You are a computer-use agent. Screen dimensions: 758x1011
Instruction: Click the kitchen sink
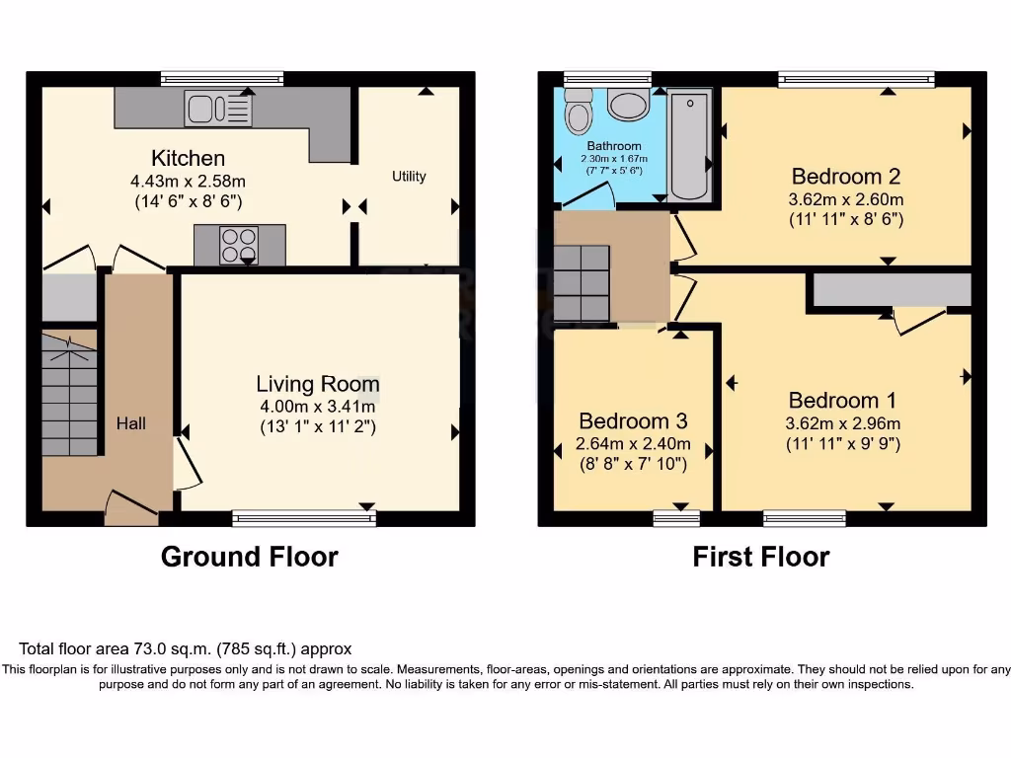click(217, 108)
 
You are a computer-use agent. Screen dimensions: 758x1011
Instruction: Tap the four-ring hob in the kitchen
click(239, 245)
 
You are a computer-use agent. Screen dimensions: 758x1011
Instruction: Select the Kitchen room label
click(188, 158)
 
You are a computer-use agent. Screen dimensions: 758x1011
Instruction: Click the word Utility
click(409, 177)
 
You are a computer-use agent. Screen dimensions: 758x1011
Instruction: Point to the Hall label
click(131, 423)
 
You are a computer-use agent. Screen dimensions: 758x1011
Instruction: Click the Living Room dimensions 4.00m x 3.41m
click(317, 407)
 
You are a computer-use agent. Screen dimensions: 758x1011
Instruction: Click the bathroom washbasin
click(628, 105)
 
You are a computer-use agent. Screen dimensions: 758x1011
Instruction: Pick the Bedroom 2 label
click(846, 177)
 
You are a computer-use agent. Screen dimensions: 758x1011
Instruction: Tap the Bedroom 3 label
click(633, 420)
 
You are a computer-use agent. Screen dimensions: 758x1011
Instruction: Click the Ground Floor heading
click(249, 557)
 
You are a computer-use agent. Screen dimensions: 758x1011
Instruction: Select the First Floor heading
click(760, 557)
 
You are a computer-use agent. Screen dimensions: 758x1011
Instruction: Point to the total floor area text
click(185, 648)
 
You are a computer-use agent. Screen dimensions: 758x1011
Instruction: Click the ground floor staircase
click(69, 395)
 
